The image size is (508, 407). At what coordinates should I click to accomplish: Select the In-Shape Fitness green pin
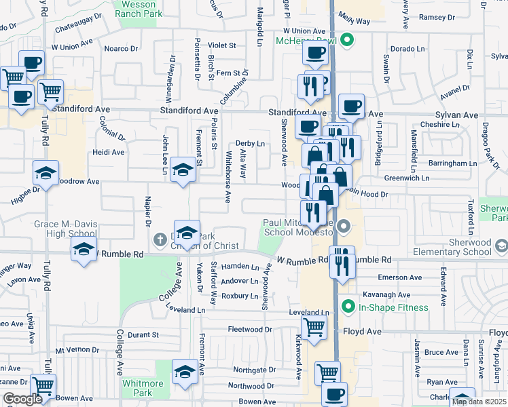[x=348, y=307]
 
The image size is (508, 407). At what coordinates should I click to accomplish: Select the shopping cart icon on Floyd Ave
[x=314, y=327]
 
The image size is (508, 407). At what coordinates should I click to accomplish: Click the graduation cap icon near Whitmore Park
[x=184, y=371]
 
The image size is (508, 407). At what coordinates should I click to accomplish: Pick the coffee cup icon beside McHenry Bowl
[x=316, y=53]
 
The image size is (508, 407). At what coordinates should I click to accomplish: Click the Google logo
[x=22, y=399]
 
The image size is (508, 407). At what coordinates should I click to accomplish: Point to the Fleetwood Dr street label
[x=250, y=330]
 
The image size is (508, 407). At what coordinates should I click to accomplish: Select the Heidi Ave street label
[x=109, y=153]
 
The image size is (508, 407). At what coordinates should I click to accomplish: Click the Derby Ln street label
[x=250, y=144]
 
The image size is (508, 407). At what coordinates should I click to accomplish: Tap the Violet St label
[x=221, y=46]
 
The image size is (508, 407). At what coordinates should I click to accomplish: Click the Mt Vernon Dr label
[x=77, y=351]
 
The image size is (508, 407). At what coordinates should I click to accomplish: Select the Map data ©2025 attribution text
[x=479, y=402]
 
